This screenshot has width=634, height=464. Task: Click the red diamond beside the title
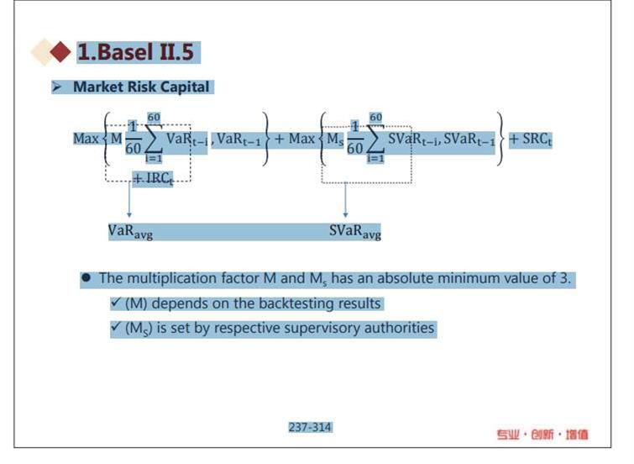[x=60, y=52]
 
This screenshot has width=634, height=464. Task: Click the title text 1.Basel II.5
[x=135, y=52]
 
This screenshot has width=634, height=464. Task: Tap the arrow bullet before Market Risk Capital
[x=56, y=87]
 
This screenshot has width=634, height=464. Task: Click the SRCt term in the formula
[x=537, y=140]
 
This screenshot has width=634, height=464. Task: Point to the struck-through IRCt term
[x=153, y=178]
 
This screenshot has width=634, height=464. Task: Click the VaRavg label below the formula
[x=130, y=232]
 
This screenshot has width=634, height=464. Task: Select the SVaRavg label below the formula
[x=355, y=232]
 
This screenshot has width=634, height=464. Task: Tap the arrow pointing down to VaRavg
[x=129, y=199]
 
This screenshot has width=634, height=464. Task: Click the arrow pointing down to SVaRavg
[x=345, y=200]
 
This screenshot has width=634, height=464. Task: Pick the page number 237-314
[x=310, y=427]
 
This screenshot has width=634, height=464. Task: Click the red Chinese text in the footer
[x=542, y=435]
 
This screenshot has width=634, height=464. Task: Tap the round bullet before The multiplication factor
[x=86, y=277]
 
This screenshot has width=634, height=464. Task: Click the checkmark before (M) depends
[x=116, y=302]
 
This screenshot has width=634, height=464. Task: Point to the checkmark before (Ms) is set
[x=116, y=326]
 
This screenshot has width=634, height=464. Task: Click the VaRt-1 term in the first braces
[x=239, y=140]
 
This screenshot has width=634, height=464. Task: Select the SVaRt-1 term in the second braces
[x=469, y=140]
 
